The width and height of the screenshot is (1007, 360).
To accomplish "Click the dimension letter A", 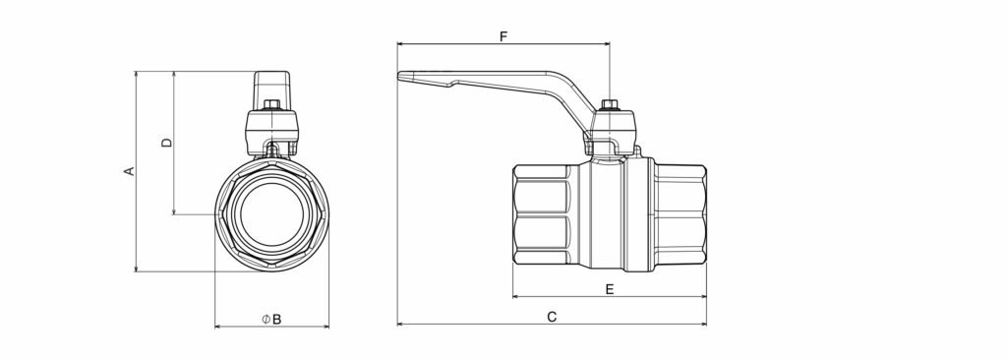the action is [129, 171].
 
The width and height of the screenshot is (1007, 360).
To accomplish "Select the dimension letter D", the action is [167, 143].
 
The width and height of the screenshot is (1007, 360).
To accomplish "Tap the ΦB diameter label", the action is [271, 319].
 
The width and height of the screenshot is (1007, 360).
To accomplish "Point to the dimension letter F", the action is [503, 36].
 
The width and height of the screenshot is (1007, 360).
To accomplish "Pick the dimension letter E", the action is [610, 289].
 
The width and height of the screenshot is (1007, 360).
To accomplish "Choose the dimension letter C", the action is [552, 317].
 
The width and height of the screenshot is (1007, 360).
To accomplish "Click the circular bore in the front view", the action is [272, 213].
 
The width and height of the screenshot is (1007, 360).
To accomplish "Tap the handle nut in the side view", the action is [609, 105].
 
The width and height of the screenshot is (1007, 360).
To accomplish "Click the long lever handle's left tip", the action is [399, 75].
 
